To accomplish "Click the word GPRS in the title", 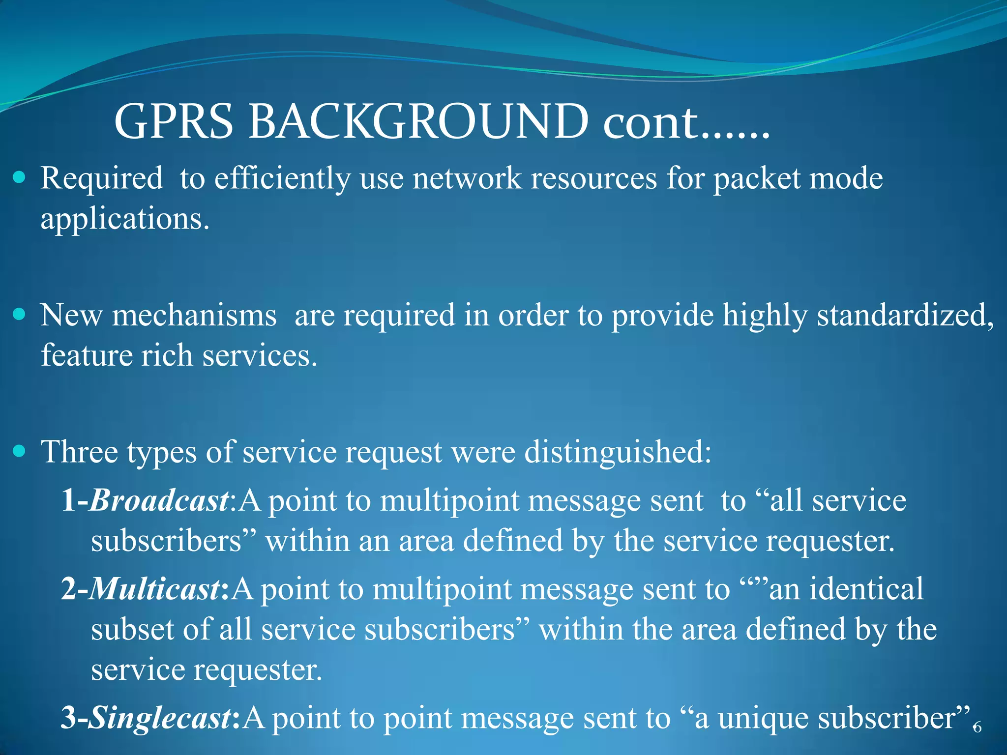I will [173, 121].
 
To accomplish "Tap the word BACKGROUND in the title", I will [418, 121].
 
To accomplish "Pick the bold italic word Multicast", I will [155, 589].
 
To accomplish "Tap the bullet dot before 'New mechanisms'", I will [19, 314].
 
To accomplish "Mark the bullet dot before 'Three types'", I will [19, 451].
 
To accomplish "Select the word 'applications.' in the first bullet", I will [125, 219].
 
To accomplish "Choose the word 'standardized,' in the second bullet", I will [905, 315].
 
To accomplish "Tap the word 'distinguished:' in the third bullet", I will [618, 452].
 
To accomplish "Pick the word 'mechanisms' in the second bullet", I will [194, 315].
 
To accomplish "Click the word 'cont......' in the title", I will [686, 121].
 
